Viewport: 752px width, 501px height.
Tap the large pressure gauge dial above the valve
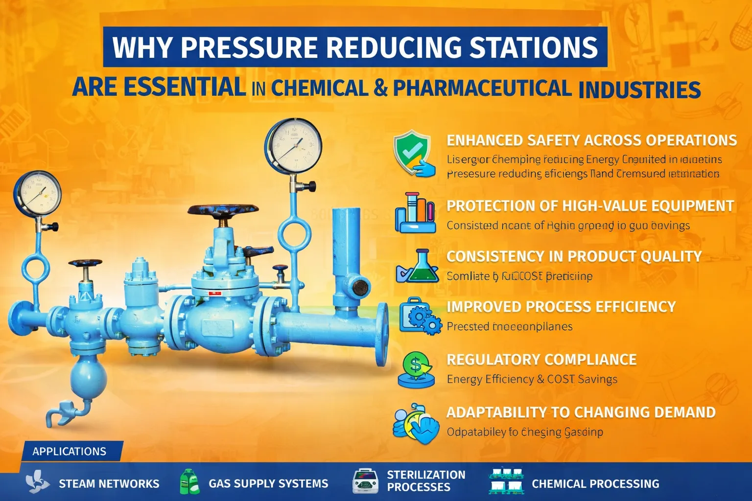293,145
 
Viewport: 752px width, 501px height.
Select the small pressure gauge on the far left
37,193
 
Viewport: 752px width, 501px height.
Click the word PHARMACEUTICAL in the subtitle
482,89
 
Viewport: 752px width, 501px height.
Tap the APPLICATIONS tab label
69,451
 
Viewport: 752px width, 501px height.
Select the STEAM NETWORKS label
109,484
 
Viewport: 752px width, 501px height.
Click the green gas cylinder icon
189,482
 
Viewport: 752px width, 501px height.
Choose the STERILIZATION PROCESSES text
426,481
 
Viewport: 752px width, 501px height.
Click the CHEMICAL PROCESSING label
595,484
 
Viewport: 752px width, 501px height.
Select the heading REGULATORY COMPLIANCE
541,360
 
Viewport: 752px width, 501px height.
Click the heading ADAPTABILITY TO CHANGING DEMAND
581,412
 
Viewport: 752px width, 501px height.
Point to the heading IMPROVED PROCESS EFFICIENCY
561,307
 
